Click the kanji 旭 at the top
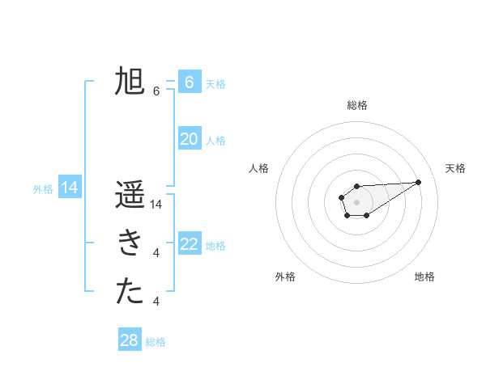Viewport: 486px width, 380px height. (130, 82)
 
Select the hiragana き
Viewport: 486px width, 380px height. (130, 243)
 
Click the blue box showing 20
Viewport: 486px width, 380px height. (190, 139)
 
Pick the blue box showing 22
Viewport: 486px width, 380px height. (190, 244)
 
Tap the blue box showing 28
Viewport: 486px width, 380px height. (130, 340)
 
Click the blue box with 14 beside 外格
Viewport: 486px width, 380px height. (70, 188)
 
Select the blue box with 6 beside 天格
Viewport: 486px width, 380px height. (190, 82)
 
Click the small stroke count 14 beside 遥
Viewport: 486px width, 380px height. (157, 205)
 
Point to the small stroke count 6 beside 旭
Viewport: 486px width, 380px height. (156, 91)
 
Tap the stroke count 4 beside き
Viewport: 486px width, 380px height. (156, 253)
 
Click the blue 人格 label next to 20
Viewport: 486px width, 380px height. (215, 141)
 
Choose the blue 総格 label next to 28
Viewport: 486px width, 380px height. (156, 342)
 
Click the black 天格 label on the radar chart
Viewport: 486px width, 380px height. (456, 168)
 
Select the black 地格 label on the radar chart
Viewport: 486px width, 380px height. (424, 277)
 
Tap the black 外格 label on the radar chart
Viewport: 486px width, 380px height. (285, 277)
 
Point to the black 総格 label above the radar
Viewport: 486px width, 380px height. (357, 105)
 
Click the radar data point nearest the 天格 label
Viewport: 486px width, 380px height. (419, 181)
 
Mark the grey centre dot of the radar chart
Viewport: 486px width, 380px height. (356, 201)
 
